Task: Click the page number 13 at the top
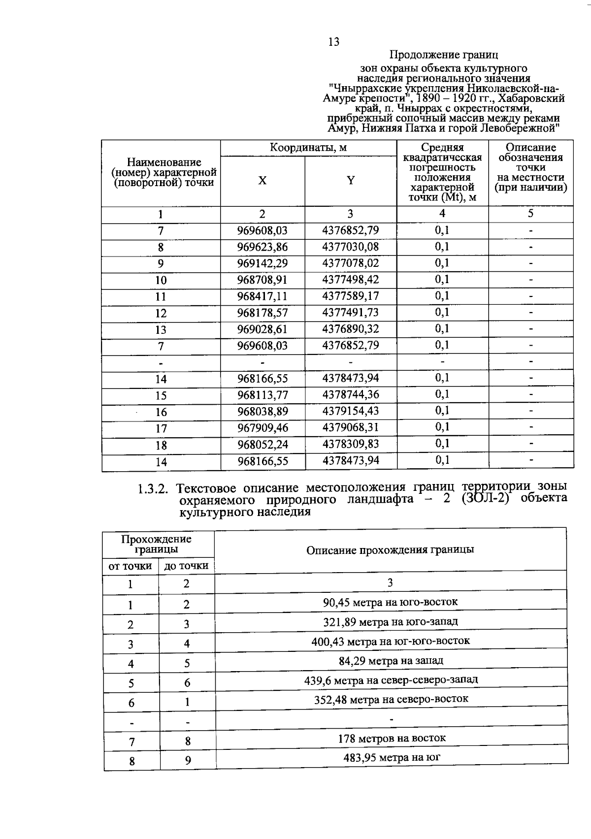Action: [x=333, y=42]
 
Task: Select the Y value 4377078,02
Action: [x=351, y=263]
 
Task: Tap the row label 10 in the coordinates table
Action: [x=161, y=280]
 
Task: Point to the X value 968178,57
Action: [x=262, y=313]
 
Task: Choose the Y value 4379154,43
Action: [x=351, y=411]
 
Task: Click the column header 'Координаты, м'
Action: [x=308, y=148]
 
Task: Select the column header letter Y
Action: [x=351, y=180]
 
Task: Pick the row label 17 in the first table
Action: [x=161, y=428]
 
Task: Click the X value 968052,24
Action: [x=262, y=445]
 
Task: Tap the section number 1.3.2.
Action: [x=153, y=489]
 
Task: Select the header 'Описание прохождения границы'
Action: [x=390, y=550]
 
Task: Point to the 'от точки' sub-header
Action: [x=130, y=566]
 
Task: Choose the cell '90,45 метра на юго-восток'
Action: [x=390, y=602]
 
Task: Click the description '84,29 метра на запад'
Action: [x=390, y=661]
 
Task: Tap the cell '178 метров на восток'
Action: [x=392, y=739]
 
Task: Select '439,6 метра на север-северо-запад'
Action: [x=391, y=680]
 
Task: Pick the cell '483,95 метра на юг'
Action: [x=392, y=758]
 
